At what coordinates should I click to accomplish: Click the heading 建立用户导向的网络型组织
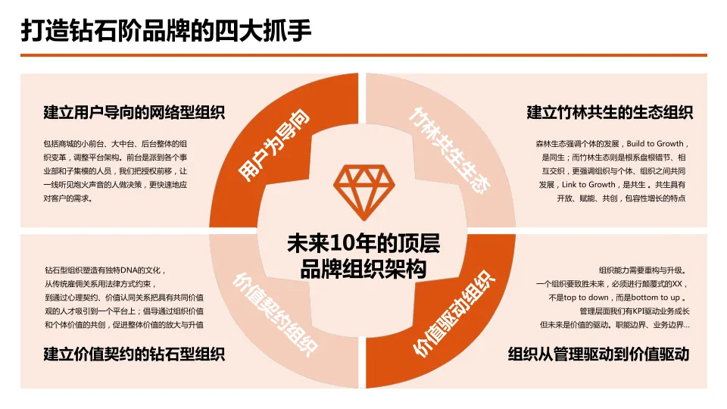pos(134,114)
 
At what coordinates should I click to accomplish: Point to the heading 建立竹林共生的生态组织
pos(610,114)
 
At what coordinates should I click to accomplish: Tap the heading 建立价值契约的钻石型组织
pos(134,354)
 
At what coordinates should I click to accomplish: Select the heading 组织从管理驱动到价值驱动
pos(598,354)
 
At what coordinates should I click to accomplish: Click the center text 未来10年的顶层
pos(363,245)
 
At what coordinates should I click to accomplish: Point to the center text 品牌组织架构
pos(363,269)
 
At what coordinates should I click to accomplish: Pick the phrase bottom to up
pos(658,298)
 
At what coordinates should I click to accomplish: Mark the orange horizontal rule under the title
pos(363,55)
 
